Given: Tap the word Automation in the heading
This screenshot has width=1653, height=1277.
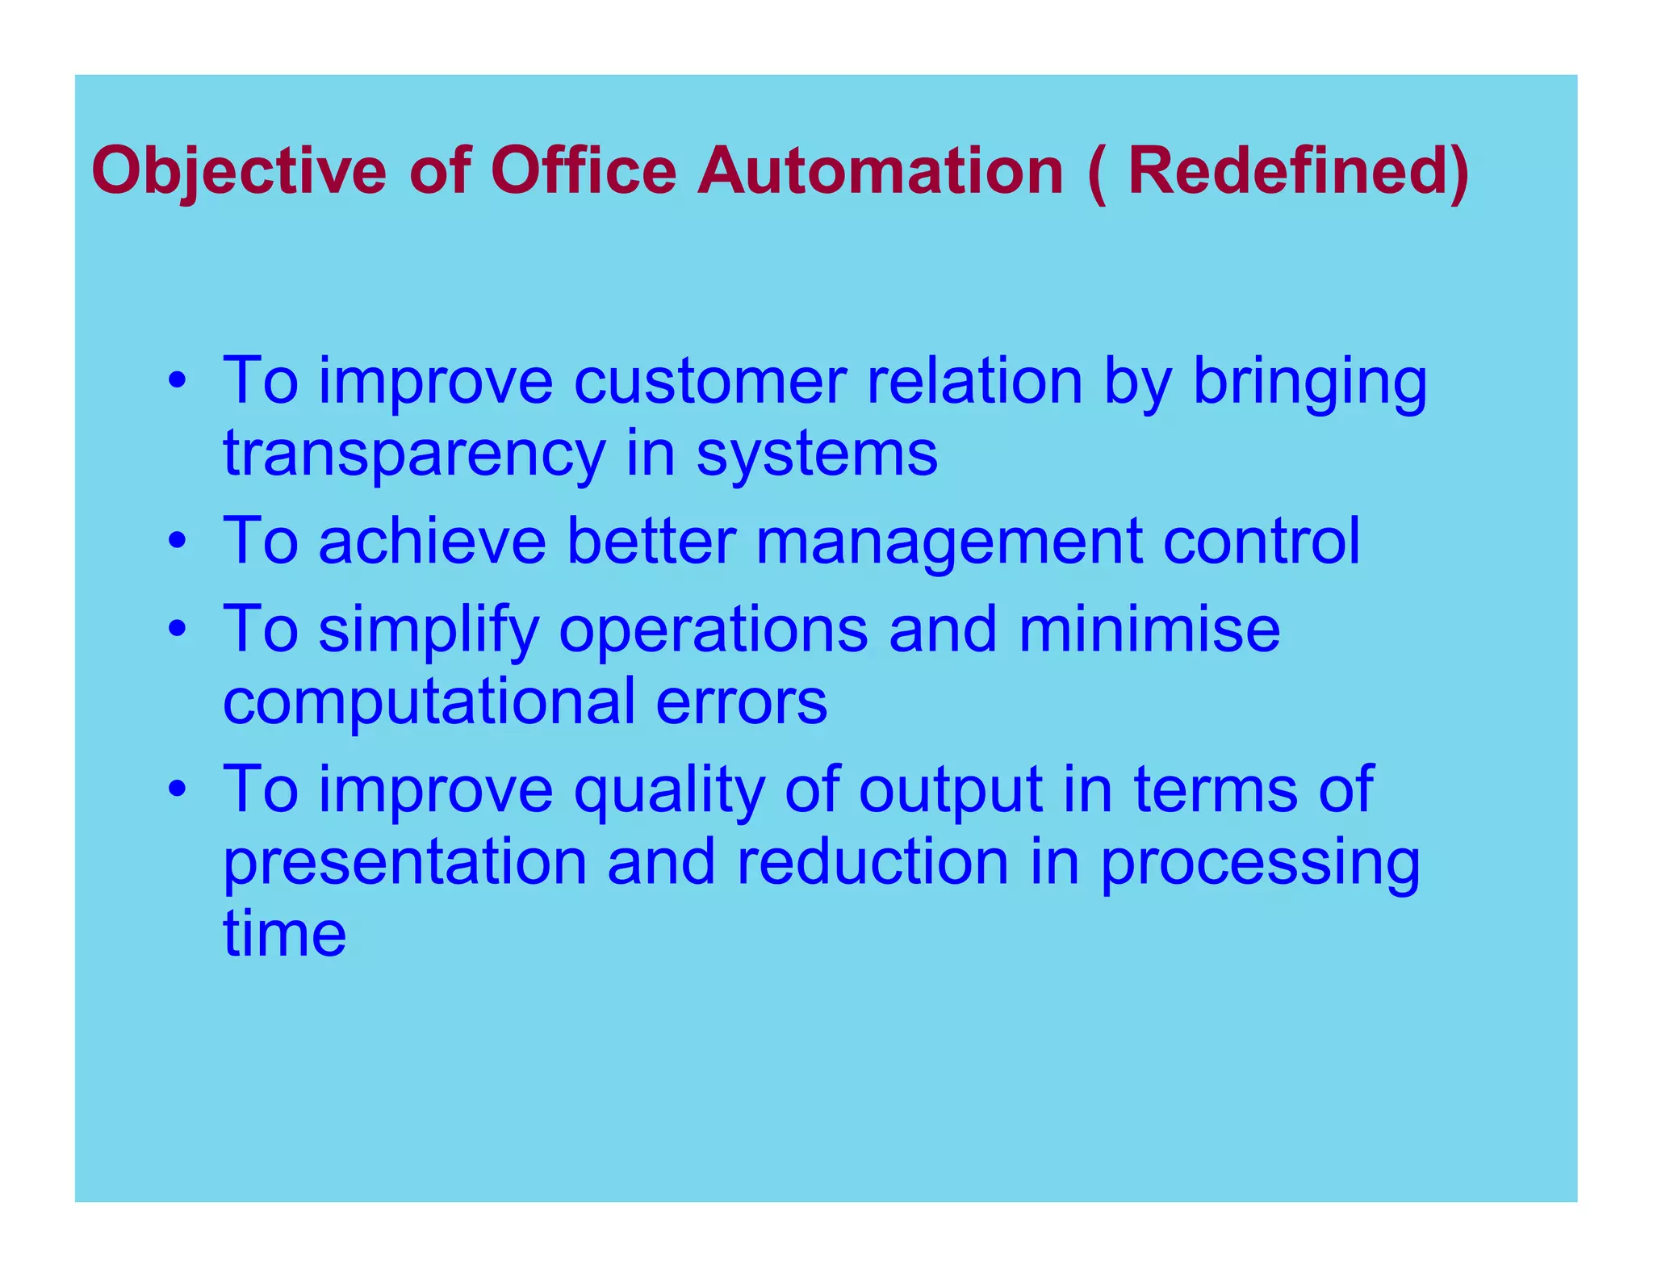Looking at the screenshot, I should tap(881, 172).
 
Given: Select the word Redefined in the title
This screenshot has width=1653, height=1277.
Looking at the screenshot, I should tap(1289, 172).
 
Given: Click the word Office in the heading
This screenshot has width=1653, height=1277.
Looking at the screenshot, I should tap(584, 172).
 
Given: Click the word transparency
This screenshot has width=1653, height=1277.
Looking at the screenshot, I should tap(414, 454).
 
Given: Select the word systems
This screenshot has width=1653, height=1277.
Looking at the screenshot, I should tap(817, 454).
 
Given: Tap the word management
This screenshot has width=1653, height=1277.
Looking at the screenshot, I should tap(948, 541).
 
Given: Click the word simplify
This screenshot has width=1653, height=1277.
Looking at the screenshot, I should tap(429, 630).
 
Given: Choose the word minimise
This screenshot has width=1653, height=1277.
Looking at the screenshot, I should tap(1149, 629).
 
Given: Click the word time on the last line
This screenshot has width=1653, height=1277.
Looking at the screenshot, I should tap(285, 933).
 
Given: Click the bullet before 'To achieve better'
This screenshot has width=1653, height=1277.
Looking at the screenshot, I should tap(178, 541).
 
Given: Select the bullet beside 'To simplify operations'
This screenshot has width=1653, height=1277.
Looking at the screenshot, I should tap(178, 629).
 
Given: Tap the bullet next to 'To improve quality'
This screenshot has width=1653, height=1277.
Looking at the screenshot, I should tap(178, 789).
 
